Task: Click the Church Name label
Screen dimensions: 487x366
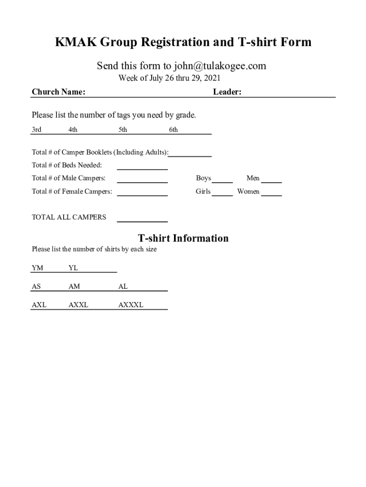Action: (x=58, y=92)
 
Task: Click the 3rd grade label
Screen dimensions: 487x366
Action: (x=37, y=130)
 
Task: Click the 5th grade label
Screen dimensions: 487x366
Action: (x=123, y=130)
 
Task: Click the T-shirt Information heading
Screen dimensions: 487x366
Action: (x=183, y=238)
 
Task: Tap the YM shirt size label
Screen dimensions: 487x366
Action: (x=38, y=268)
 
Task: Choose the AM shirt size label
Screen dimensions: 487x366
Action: (x=74, y=287)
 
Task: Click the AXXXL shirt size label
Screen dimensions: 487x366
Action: (x=131, y=305)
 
